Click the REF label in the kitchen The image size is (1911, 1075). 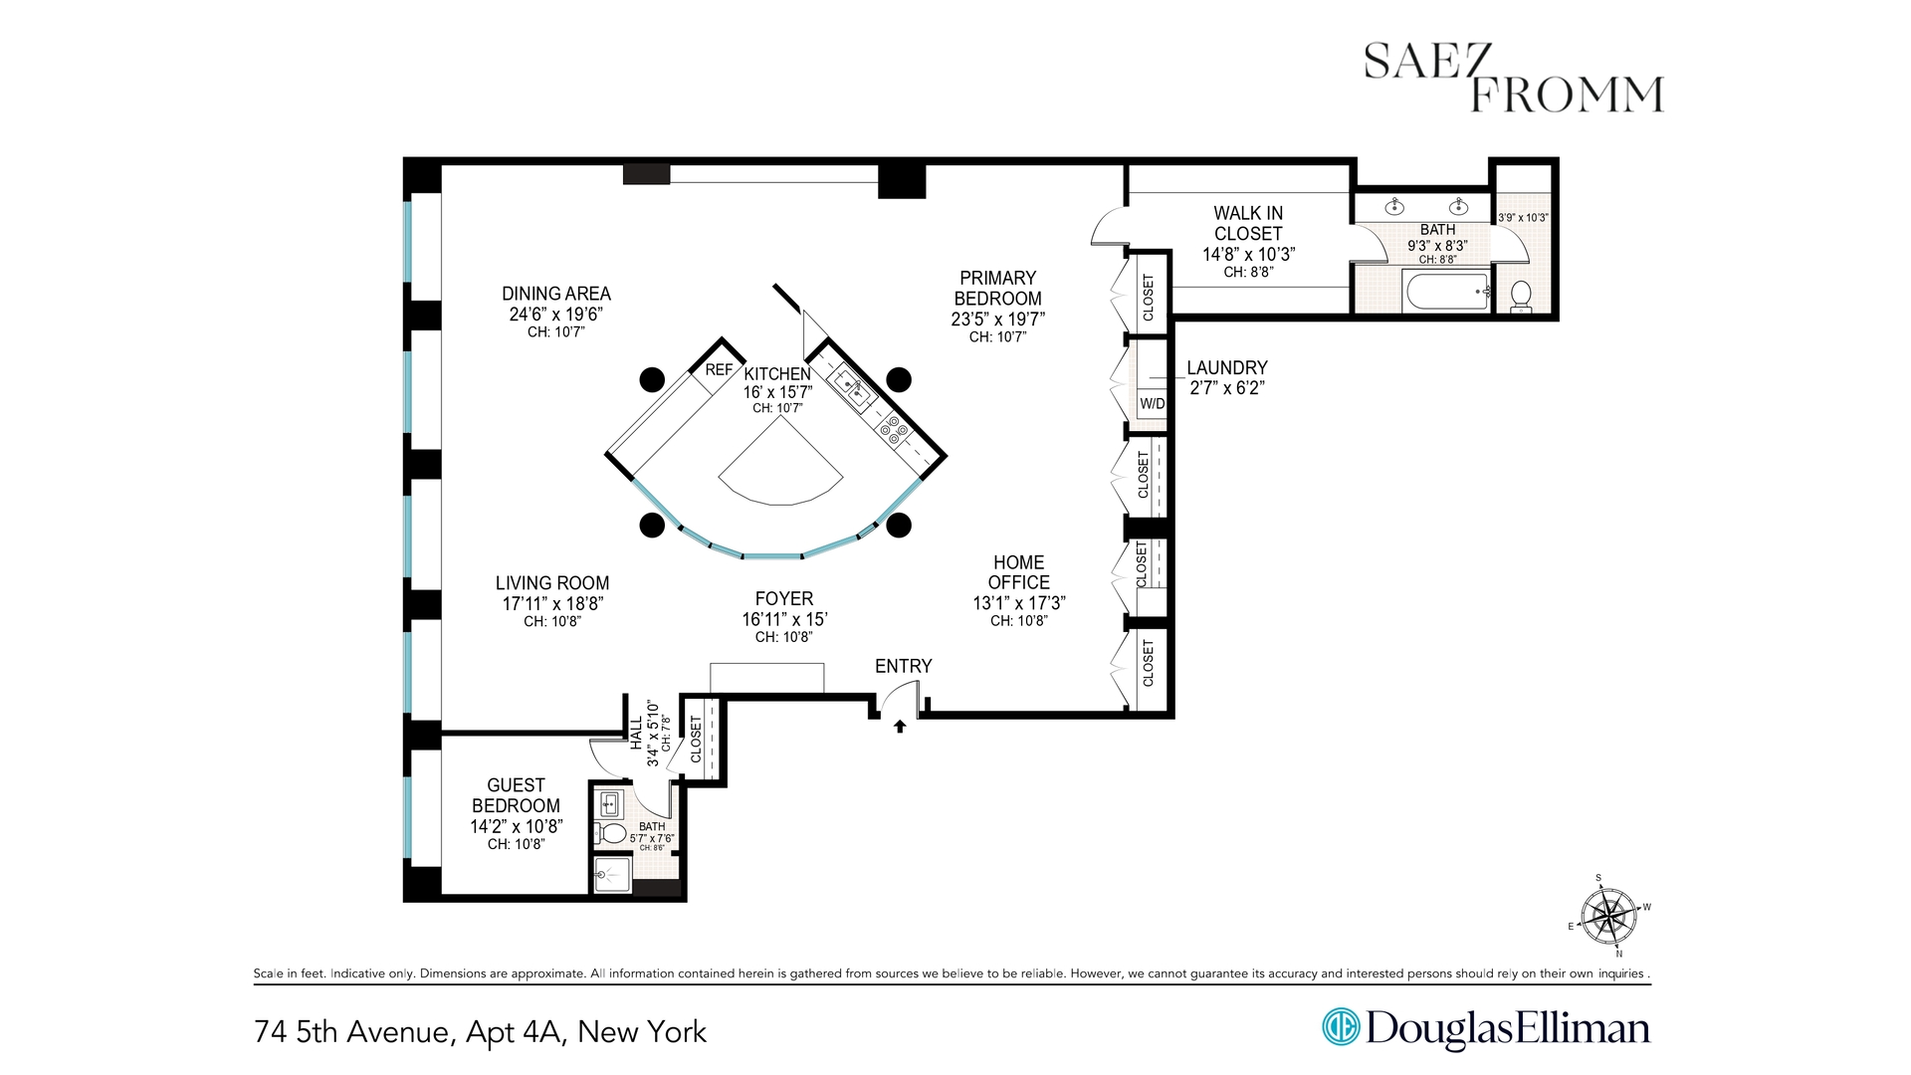719,370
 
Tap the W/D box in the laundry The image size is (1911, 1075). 1152,404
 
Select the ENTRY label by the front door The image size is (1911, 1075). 903,666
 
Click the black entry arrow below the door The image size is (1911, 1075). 900,727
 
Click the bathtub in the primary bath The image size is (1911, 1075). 1446,292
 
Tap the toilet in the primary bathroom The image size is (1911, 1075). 1521,294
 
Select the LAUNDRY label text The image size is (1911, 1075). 1226,368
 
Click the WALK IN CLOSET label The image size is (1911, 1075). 1248,223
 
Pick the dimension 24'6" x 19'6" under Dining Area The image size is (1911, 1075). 555,315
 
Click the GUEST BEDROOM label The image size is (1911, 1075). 516,795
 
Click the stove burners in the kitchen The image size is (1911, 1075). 893,430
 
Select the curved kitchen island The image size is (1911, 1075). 781,468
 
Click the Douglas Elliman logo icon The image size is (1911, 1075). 1340,1027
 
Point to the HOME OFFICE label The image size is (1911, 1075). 1018,572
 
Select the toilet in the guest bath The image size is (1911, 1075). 611,833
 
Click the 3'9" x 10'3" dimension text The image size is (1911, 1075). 1523,218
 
